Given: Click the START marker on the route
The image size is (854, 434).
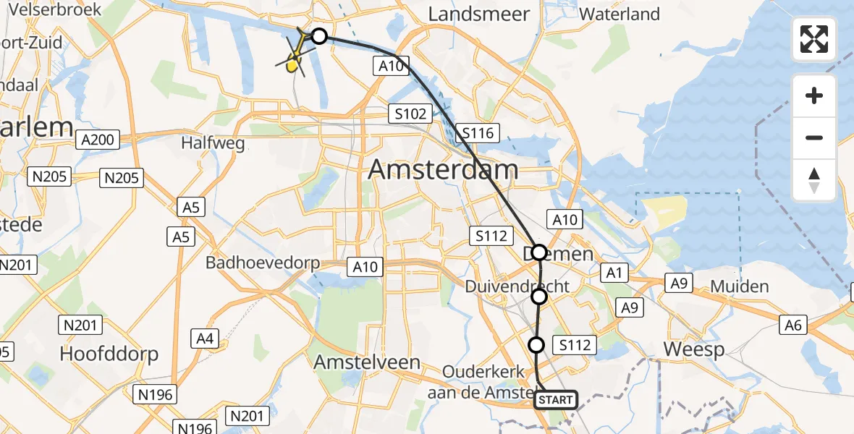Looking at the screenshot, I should click(556, 400).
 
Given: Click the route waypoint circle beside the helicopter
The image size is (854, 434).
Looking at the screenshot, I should click(318, 35).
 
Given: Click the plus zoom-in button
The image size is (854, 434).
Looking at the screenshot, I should click(814, 96).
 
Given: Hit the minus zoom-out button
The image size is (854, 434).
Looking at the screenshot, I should click(814, 137).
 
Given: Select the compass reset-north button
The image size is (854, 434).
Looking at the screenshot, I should click(814, 180).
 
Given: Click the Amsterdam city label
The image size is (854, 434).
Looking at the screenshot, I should click(443, 170).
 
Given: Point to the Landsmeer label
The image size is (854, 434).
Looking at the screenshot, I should click(479, 14).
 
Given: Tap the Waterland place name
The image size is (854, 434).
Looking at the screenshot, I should click(620, 14).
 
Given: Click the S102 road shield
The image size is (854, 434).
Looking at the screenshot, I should click(410, 113).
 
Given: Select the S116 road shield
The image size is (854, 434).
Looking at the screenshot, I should click(478, 133).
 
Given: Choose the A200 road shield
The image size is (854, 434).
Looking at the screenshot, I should click(98, 140).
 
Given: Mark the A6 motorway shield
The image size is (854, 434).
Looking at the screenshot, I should click(794, 325).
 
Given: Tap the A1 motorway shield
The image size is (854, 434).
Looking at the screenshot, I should click(614, 272).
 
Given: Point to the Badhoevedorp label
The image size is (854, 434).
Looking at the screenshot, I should click(263, 262).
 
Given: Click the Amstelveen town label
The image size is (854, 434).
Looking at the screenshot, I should click(367, 362).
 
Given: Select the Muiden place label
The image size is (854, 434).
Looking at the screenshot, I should click(739, 286).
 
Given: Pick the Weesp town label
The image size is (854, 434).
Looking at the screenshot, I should click(694, 350).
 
